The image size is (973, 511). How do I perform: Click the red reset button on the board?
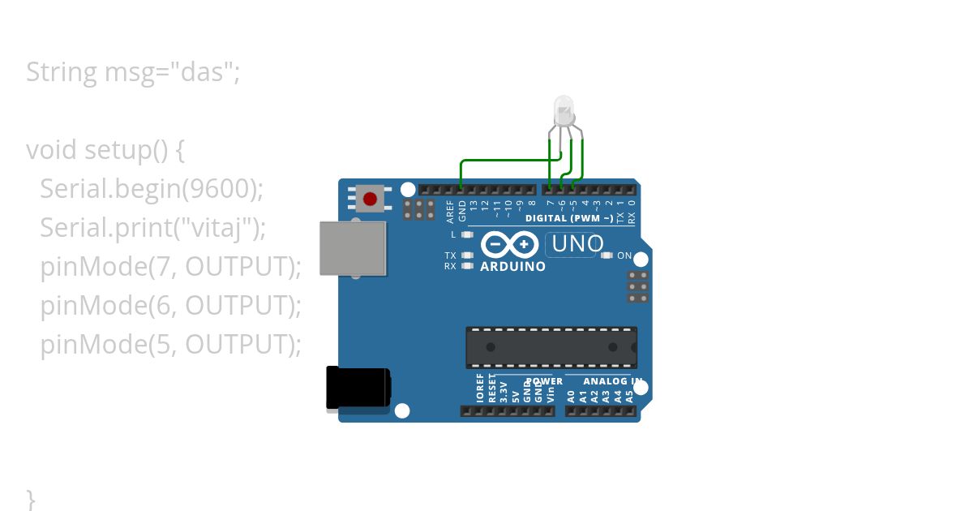(x=371, y=198)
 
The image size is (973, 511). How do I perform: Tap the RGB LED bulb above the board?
(x=563, y=109)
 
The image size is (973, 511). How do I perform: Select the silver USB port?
(x=353, y=248)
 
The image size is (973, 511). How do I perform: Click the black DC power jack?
(x=358, y=388)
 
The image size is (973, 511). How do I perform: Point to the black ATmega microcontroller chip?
(x=551, y=346)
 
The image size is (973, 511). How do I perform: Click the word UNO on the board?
(x=577, y=243)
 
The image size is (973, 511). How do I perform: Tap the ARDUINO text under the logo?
(x=512, y=266)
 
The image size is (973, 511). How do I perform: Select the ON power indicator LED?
(x=607, y=255)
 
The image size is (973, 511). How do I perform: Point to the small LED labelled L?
(x=466, y=234)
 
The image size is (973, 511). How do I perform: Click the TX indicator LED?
(x=466, y=255)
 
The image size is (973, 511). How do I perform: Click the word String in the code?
(x=61, y=72)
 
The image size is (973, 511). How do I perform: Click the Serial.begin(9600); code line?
(x=152, y=189)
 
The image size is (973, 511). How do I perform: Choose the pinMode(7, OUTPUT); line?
(x=170, y=267)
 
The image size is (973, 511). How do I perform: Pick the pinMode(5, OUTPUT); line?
(x=170, y=345)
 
